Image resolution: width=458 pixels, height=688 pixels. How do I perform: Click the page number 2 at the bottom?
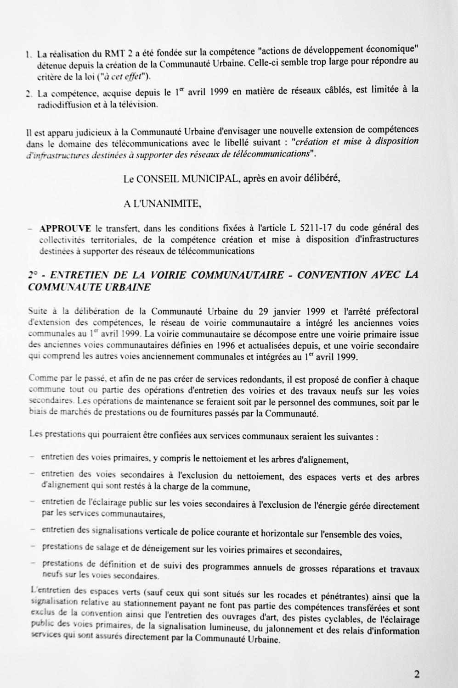417,674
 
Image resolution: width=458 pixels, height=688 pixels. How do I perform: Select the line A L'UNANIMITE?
162,204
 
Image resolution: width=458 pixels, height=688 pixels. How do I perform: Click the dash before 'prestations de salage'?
31,547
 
